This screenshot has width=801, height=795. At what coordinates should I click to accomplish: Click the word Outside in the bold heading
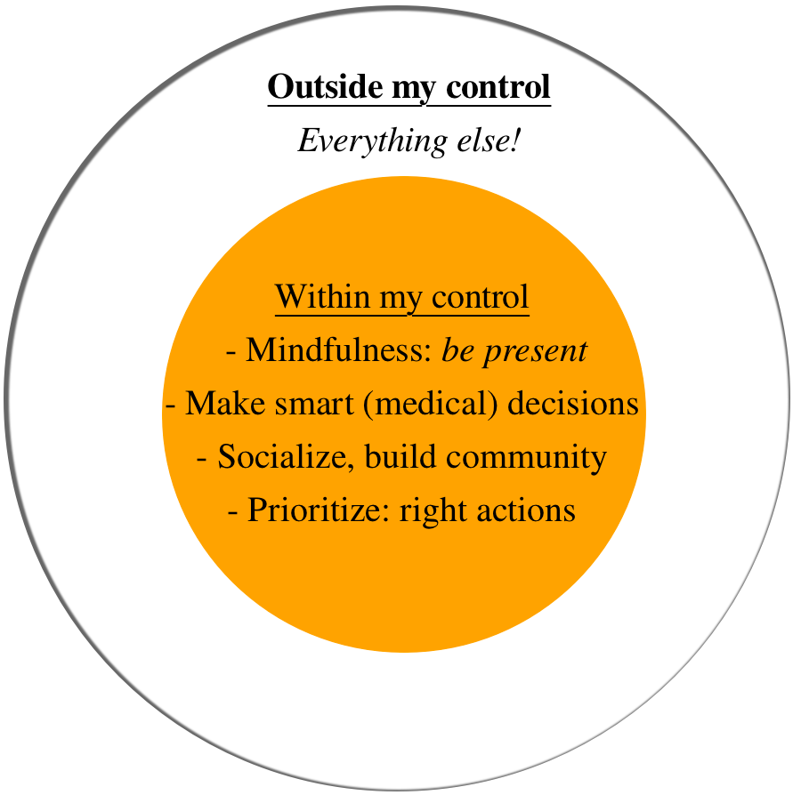325,86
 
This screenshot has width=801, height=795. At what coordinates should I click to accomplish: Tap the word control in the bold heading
498,86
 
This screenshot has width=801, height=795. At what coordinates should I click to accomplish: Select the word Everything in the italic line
372,141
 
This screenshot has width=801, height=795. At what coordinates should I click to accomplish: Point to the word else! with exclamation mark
489,141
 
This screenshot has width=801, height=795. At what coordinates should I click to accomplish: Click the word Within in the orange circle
322,296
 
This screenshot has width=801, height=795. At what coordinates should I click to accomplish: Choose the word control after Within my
480,296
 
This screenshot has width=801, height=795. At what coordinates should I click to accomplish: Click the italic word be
457,350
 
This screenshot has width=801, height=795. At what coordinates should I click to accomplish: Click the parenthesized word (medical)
431,404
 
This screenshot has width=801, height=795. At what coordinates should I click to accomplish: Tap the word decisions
572,403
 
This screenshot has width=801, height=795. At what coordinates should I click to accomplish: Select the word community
526,458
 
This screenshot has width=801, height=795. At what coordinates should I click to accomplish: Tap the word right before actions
433,511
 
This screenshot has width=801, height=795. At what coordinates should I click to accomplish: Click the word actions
526,510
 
